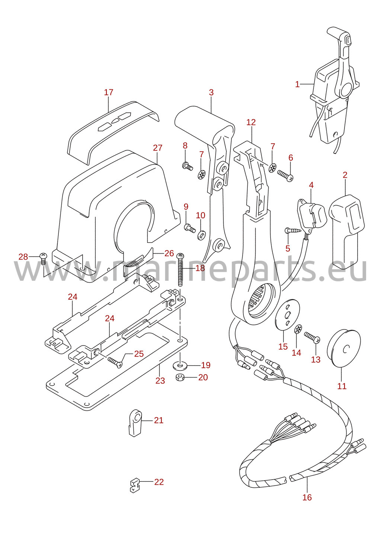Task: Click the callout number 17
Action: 109,92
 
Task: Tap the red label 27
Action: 158,147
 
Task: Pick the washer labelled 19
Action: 180,366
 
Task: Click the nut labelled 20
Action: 179,377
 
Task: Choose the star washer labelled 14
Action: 298,329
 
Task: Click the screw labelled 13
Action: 312,337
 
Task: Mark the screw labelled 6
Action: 285,176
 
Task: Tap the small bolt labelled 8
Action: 187,166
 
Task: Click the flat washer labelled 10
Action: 201,235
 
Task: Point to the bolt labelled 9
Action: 190,228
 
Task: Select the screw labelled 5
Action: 293,230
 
